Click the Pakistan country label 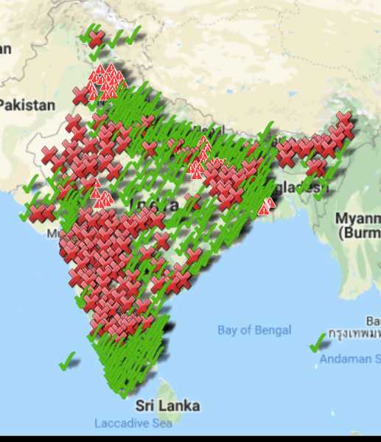(x=27, y=105)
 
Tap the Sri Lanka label (x=167, y=405)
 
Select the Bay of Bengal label (x=254, y=330)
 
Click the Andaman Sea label (x=350, y=359)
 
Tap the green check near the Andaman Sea (x=318, y=343)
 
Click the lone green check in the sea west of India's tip (x=68, y=360)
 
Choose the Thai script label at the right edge (x=354, y=333)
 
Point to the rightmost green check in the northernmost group (x=133, y=36)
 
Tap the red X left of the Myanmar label (x=316, y=168)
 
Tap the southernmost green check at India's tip (x=125, y=392)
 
